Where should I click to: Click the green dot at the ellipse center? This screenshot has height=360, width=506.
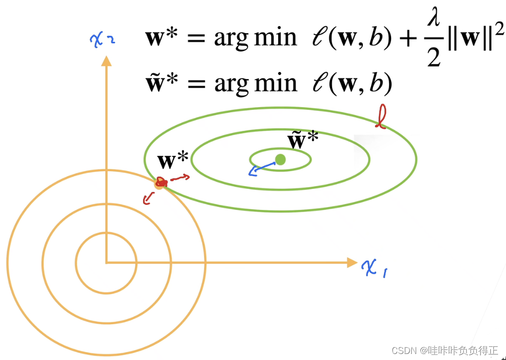(x=281, y=160)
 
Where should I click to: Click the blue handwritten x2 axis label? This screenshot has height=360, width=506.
(x=103, y=39)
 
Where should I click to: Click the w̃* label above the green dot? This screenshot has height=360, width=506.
(x=302, y=140)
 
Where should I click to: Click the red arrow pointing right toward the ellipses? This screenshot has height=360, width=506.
(x=180, y=178)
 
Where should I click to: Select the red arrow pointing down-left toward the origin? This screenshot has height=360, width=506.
(x=148, y=199)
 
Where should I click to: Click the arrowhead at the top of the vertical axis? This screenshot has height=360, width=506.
(x=106, y=60)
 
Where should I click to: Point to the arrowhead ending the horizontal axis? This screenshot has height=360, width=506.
(x=352, y=262)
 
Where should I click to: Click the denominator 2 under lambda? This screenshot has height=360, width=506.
(x=434, y=57)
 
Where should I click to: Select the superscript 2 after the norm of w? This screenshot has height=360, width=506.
(x=498, y=30)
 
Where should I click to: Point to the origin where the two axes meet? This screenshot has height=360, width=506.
(x=106, y=262)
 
